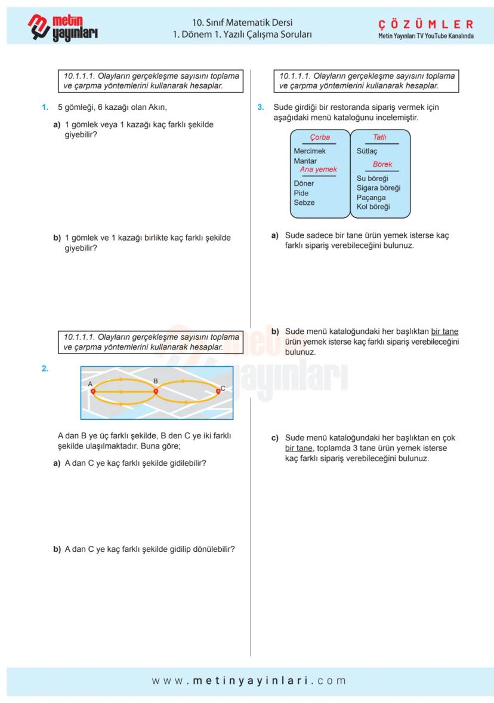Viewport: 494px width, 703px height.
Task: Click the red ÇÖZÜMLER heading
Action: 426,24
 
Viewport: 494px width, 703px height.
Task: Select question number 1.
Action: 44,108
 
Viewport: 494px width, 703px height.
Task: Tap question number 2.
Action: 45,369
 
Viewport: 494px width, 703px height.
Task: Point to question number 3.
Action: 260,108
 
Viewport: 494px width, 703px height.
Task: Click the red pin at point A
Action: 93,391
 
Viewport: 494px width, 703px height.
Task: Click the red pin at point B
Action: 156,391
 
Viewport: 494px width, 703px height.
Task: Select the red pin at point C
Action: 218,391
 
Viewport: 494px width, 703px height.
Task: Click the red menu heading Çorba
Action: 320,137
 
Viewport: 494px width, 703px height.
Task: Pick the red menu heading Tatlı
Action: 379,137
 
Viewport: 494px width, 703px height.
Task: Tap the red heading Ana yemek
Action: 318,170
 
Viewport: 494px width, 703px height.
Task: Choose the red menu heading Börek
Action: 382,164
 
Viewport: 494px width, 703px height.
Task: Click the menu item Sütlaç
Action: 367,151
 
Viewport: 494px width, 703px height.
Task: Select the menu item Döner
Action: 304,183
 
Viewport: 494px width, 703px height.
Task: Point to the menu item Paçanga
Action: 371,198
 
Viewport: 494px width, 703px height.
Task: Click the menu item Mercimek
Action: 310,151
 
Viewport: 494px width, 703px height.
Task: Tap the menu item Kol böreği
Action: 373,207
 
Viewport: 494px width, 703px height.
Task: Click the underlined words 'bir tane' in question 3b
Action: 444,331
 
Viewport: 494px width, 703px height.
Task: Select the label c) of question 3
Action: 275,438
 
